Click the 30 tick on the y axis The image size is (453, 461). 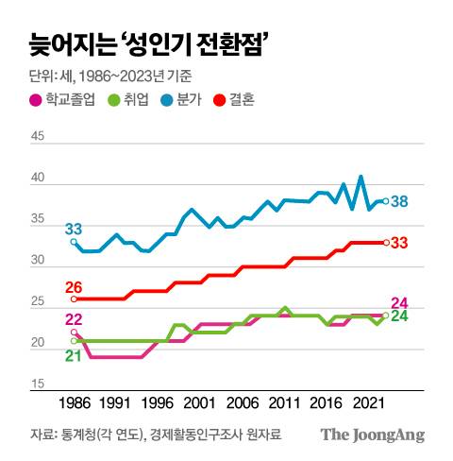tap(38, 266)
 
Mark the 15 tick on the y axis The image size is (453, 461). tap(38, 384)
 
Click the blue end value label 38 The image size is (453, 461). tap(399, 201)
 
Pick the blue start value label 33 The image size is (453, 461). tap(73, 230)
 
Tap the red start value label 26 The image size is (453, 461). tap(73, 288)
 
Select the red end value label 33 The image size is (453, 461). tap(399, 244)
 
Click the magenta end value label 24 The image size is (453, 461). tap(399, 302)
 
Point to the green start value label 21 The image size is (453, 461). tap(73, 355)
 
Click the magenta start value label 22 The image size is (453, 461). tap(73, 320)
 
